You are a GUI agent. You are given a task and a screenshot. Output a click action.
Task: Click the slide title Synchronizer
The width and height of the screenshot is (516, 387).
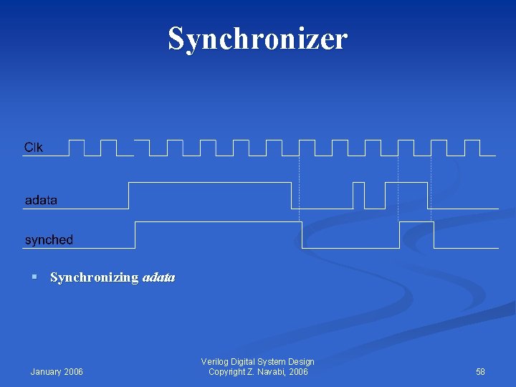point(257,39)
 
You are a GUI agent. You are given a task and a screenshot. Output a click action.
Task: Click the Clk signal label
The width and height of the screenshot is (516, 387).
point(34,148)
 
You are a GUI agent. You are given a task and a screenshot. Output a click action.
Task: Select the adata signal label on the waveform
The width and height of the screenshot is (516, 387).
point(41,200)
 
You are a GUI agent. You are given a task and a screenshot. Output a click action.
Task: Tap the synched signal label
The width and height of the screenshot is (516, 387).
point(49,239)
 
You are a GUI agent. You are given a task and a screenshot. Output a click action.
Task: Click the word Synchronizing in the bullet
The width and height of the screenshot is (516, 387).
point(94,277)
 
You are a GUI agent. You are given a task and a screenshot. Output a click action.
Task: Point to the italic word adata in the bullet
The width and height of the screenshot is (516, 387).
point(159,277)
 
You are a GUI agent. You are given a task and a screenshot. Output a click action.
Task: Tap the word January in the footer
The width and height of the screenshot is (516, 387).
point(47,371)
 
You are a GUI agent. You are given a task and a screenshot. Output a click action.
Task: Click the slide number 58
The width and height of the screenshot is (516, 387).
point(480,371)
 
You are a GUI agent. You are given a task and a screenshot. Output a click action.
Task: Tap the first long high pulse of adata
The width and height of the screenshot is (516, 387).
point(209,183)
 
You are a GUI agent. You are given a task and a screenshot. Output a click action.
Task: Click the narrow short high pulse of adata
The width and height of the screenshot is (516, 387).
point(358,184)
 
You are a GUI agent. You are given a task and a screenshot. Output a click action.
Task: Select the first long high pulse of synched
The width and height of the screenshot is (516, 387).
point(218,223)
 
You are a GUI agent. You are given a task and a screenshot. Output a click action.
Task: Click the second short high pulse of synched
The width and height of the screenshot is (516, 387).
point(416,223)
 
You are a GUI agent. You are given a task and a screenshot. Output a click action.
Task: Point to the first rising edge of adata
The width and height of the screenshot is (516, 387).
point(128,195)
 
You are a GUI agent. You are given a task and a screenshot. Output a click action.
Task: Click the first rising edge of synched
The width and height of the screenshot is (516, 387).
point(135,234)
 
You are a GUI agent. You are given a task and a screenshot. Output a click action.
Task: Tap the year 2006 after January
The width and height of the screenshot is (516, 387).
point(74,371)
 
